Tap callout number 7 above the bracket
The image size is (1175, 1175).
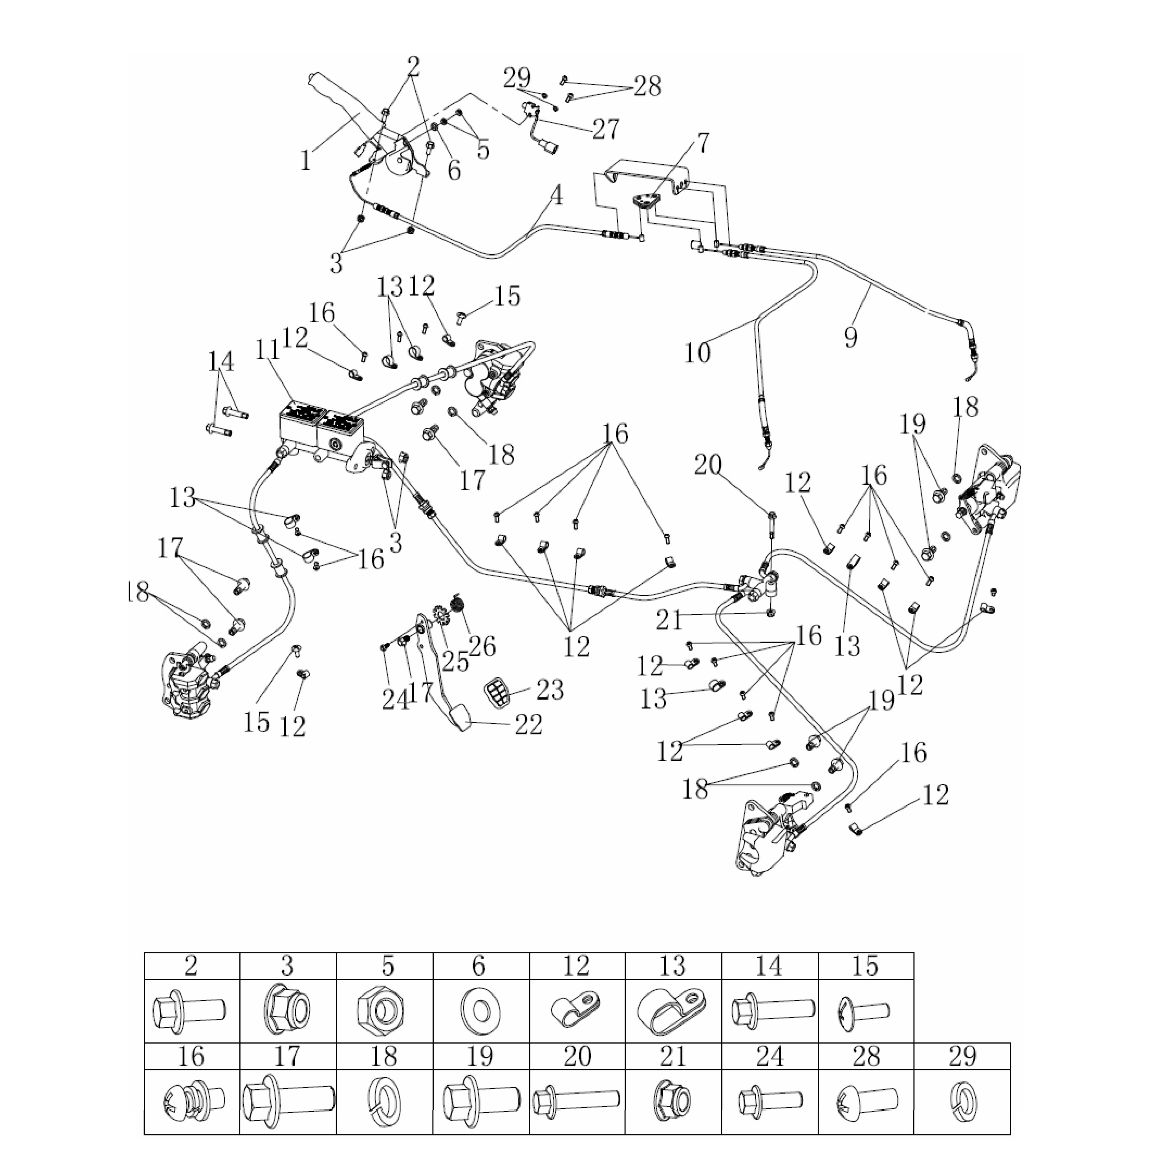coord(702,144)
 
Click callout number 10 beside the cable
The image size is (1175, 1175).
coord(697,352)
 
